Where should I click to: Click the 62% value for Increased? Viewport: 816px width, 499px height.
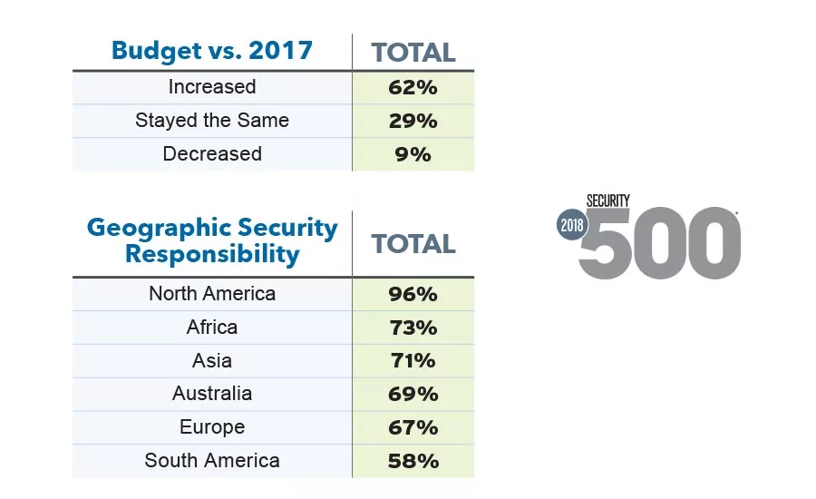413,87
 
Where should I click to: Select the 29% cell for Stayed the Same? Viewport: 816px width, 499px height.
413,121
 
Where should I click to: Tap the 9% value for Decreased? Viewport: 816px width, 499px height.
413,154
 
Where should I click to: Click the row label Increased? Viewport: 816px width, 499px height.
212,87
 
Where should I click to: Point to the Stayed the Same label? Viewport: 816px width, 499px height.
212,121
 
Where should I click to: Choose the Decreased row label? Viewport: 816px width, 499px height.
212,154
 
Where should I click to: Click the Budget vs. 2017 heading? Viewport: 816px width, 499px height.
213,50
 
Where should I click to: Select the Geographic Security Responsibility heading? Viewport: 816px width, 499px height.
212,240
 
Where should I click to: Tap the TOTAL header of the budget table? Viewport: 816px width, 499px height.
413,53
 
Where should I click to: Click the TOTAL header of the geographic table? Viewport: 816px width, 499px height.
413,243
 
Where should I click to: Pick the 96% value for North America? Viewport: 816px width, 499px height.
413,294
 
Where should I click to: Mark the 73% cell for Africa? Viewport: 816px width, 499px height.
413,328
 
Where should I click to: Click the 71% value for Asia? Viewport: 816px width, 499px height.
413,360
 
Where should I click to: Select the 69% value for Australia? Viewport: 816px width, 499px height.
413,394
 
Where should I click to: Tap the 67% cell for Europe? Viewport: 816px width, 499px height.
413,427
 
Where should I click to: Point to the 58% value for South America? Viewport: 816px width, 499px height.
413,461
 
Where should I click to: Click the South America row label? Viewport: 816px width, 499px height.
212,461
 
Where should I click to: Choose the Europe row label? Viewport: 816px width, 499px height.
212,427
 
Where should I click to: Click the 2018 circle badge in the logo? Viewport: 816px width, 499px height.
573,226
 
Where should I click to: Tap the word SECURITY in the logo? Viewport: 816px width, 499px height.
607,201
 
